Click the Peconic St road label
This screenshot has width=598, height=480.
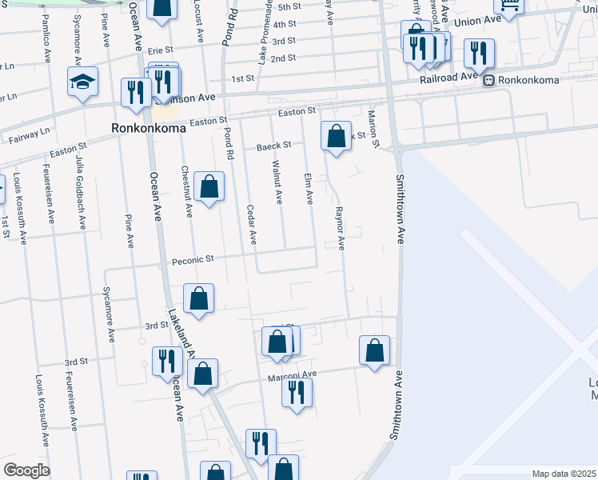click(193, 260)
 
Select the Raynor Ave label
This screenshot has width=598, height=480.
click(340, 230)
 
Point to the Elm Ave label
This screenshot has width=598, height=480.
click(309, 188)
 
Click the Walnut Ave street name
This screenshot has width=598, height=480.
click(277, 183)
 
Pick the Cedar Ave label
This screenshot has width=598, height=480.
click(253, 223)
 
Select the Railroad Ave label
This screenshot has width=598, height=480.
click(448, 80)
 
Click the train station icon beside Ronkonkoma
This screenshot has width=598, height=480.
click(485, 80)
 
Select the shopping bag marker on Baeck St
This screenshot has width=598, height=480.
click(337, 135)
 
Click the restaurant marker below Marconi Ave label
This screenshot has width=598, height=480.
click(297, 392)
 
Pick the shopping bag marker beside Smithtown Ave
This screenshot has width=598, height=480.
click(374, 350)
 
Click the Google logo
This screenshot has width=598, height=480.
click(26, 470)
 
